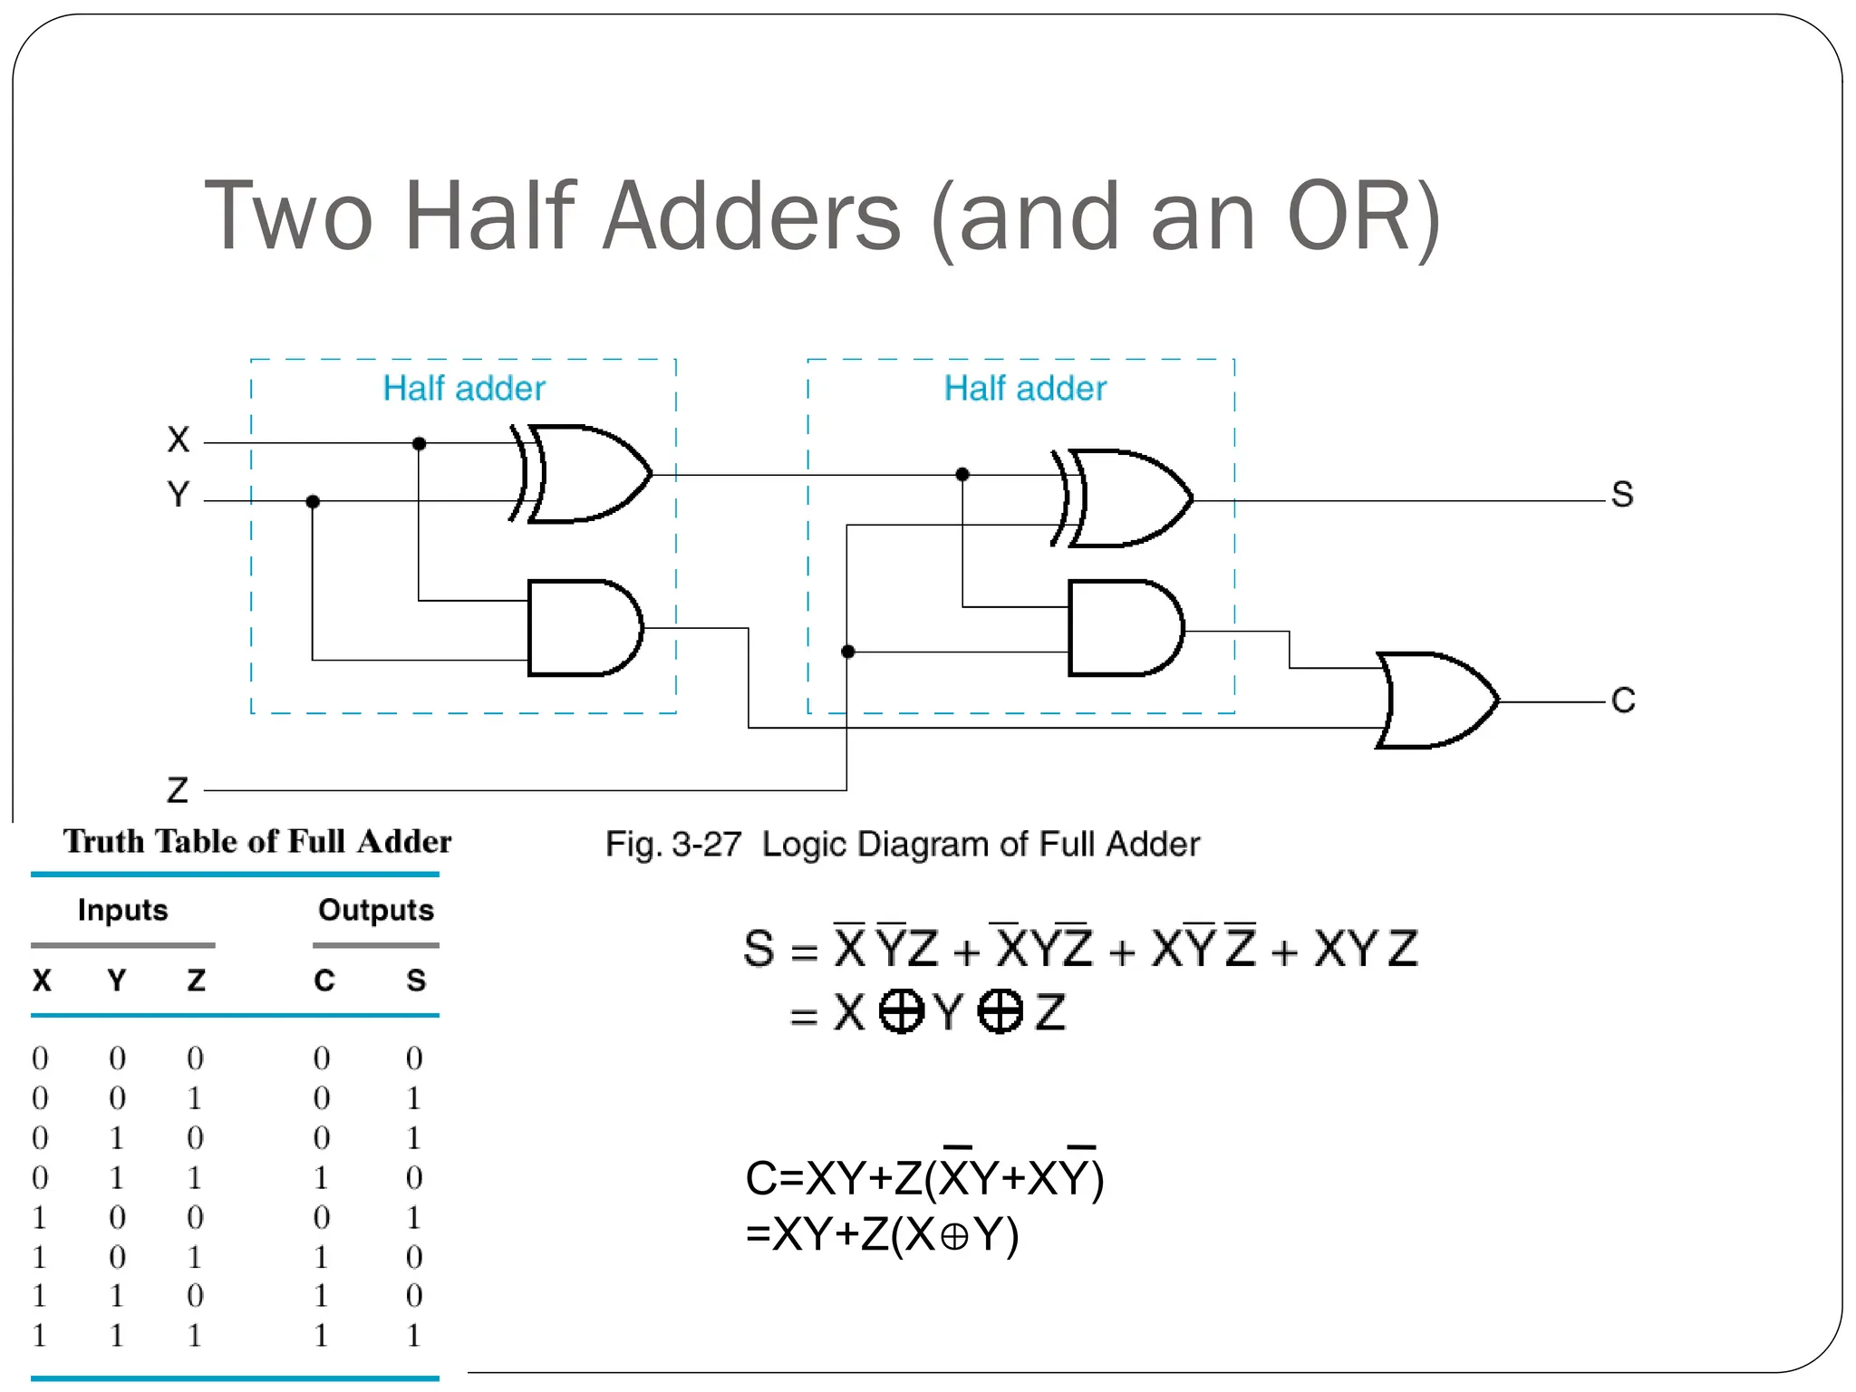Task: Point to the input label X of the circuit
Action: coord(179,440)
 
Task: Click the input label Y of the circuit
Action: coord(179,495)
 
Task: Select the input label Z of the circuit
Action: coord(178,790)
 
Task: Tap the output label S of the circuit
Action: coord(1622,495)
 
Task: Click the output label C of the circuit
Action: coord(1623,701)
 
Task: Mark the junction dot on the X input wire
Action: coord(419,443)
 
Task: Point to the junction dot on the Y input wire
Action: coord(313,501)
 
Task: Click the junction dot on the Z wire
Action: coord(848,652)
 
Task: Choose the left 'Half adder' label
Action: coord(464,389)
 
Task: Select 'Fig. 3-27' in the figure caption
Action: coord(673,845)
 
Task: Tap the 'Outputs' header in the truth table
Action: coord(376,910)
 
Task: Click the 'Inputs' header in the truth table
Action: coord(123,910)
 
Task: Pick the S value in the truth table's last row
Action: coord(414,1335)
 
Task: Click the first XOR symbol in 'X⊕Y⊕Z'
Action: coord(902,1011)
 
